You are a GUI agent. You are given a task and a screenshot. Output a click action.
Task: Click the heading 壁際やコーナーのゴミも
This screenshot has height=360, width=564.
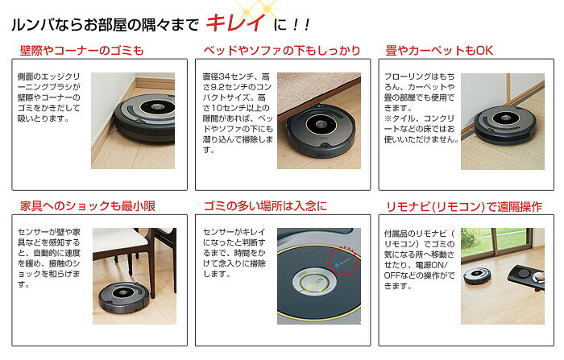tap(81, 51)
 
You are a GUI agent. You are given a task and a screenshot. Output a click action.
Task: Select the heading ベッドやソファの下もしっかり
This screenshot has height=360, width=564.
tap(281, 51)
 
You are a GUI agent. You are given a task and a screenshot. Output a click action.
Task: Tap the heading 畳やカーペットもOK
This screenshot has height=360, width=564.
tap(439, 51)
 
